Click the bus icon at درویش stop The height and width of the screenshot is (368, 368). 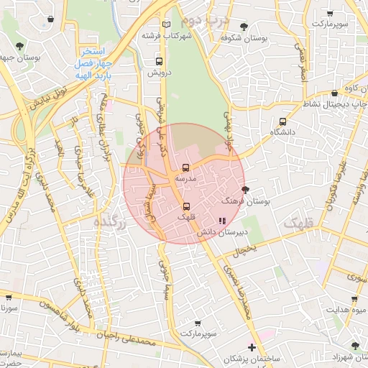click(x=158, y=62)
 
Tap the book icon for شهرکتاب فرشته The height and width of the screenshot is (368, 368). click(x=167, y=24)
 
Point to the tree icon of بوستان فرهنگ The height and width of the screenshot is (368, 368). click(x=246, y=190)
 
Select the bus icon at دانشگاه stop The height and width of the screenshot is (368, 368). click(x=282, y=121)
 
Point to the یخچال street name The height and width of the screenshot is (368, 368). click(x=243, y=249)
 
